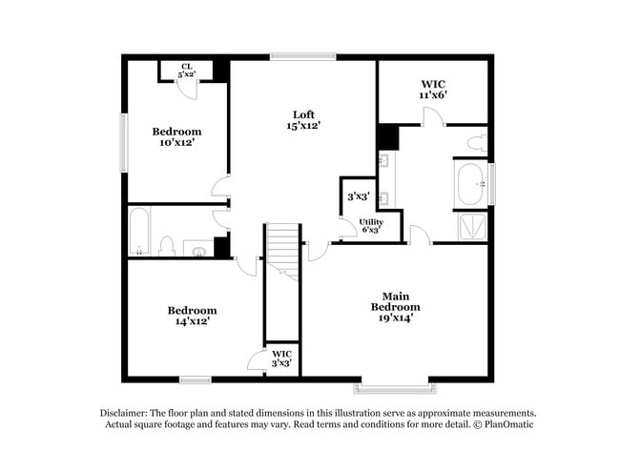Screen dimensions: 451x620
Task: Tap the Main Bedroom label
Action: tap(395, 301)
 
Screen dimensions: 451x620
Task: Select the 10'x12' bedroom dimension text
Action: tap(176, 142)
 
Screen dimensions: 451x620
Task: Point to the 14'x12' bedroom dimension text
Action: tap(192, 321)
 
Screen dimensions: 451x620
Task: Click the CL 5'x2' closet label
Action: tap(186, 71)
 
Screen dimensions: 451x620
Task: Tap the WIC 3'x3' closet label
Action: tap(281, 359)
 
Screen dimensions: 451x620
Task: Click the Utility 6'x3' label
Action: tap(371, 226)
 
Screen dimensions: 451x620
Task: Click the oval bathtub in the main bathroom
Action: tap(470, 185)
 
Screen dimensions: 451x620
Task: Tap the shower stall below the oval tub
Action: tap(472, 226)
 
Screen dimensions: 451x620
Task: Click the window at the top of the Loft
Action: tap(302, 56)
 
